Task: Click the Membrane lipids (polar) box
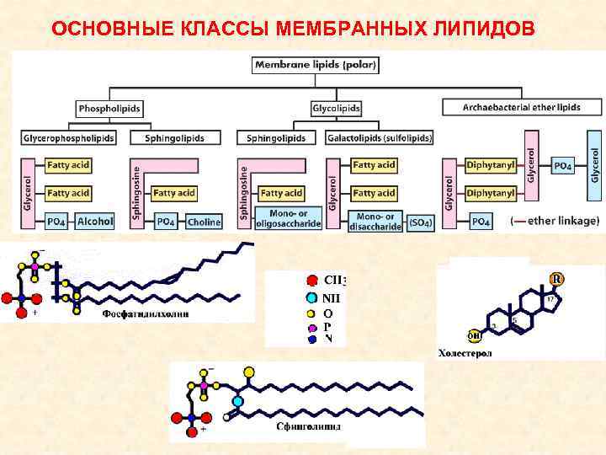315,64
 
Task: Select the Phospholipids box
109,108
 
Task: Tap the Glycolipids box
336,108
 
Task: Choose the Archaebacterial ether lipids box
522,108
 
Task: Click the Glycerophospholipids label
69,137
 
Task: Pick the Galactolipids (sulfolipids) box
380,137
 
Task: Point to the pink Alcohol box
95,222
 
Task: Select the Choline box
204,222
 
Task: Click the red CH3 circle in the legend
312,281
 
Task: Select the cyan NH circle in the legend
312,297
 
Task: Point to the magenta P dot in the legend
312,326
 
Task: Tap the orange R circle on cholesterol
556,279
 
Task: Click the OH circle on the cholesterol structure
476,335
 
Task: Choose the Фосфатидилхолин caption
145,313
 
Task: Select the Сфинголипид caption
308,426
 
